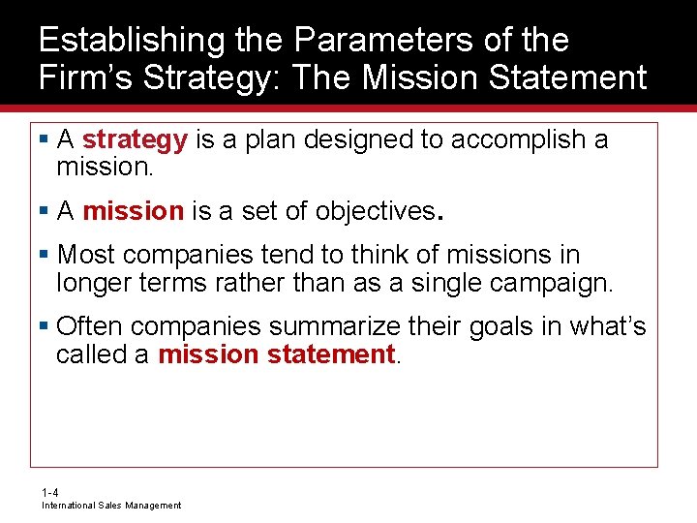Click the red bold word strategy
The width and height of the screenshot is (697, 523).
(135, 139)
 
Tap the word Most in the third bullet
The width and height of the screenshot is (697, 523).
(87, 255)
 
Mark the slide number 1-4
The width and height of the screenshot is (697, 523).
(49, 493)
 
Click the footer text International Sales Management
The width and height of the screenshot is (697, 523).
(110, 506)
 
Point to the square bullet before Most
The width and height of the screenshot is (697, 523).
(45, 256)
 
